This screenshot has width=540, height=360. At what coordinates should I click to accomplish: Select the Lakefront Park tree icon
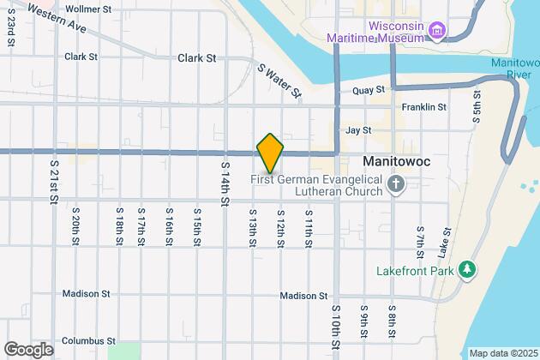[467, 271]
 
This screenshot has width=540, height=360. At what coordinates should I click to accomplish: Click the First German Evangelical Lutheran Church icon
[396, 184]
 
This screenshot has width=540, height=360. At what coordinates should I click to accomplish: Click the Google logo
[28, 349]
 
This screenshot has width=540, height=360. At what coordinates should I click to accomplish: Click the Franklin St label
[424, 108]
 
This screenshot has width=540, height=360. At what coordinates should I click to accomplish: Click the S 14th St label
[225, 183]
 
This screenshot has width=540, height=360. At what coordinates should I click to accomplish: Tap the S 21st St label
[54, 181]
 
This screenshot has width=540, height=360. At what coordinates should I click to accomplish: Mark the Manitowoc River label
[514, 69]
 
